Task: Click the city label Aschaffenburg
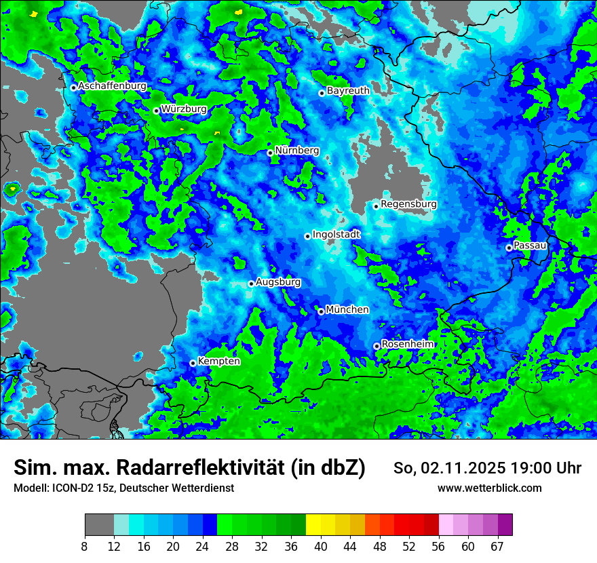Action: (x=112, y=86)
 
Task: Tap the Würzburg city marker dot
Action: (x=156, y=111)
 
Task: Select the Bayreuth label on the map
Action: (x=348, y=90)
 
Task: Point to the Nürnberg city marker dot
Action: (x=270, y=153)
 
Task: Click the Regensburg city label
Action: (x=408, y=203)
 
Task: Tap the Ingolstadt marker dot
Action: (x=307, y=236)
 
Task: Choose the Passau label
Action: (x=530, y=245)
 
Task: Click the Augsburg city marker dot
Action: (x=251, y=284)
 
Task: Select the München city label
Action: (x=347, y=309)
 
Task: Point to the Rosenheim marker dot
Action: (x=377, y=346)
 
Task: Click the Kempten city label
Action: (x=218, y=361)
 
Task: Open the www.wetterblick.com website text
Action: (x=489, y=488)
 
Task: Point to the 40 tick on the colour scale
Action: (x=321, y=546)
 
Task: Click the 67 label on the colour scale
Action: (x=497, y=546)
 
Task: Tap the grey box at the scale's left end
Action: (x=99, y=525)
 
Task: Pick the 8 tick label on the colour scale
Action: (x=85, y=546)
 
